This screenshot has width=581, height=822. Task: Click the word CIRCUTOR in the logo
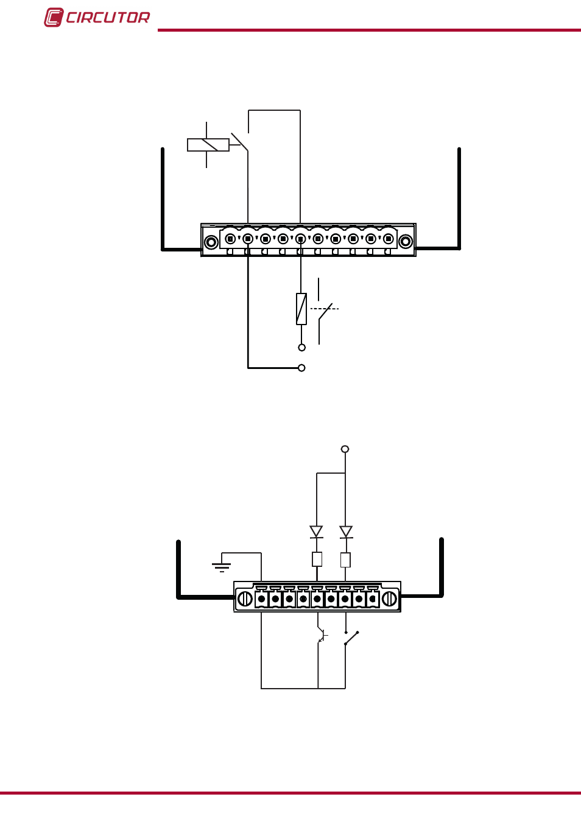(x=108, y=18)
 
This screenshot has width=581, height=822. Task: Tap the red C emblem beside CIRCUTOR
(x=54, y=17)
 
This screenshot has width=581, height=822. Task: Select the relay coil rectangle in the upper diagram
(x=208, y=145)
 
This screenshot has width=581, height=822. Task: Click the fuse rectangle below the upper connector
(x=301, y=309)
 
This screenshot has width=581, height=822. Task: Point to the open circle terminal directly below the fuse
(x=301, y=348)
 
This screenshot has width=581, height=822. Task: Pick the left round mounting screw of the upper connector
(x=211, y=242)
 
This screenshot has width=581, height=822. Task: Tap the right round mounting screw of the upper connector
(x=406, y=242)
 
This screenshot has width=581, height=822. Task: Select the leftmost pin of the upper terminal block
(x=230, y=239)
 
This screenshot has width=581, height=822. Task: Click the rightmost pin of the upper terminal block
(x=389, y=239)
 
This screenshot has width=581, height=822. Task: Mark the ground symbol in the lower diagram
(x=221, y=567)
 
